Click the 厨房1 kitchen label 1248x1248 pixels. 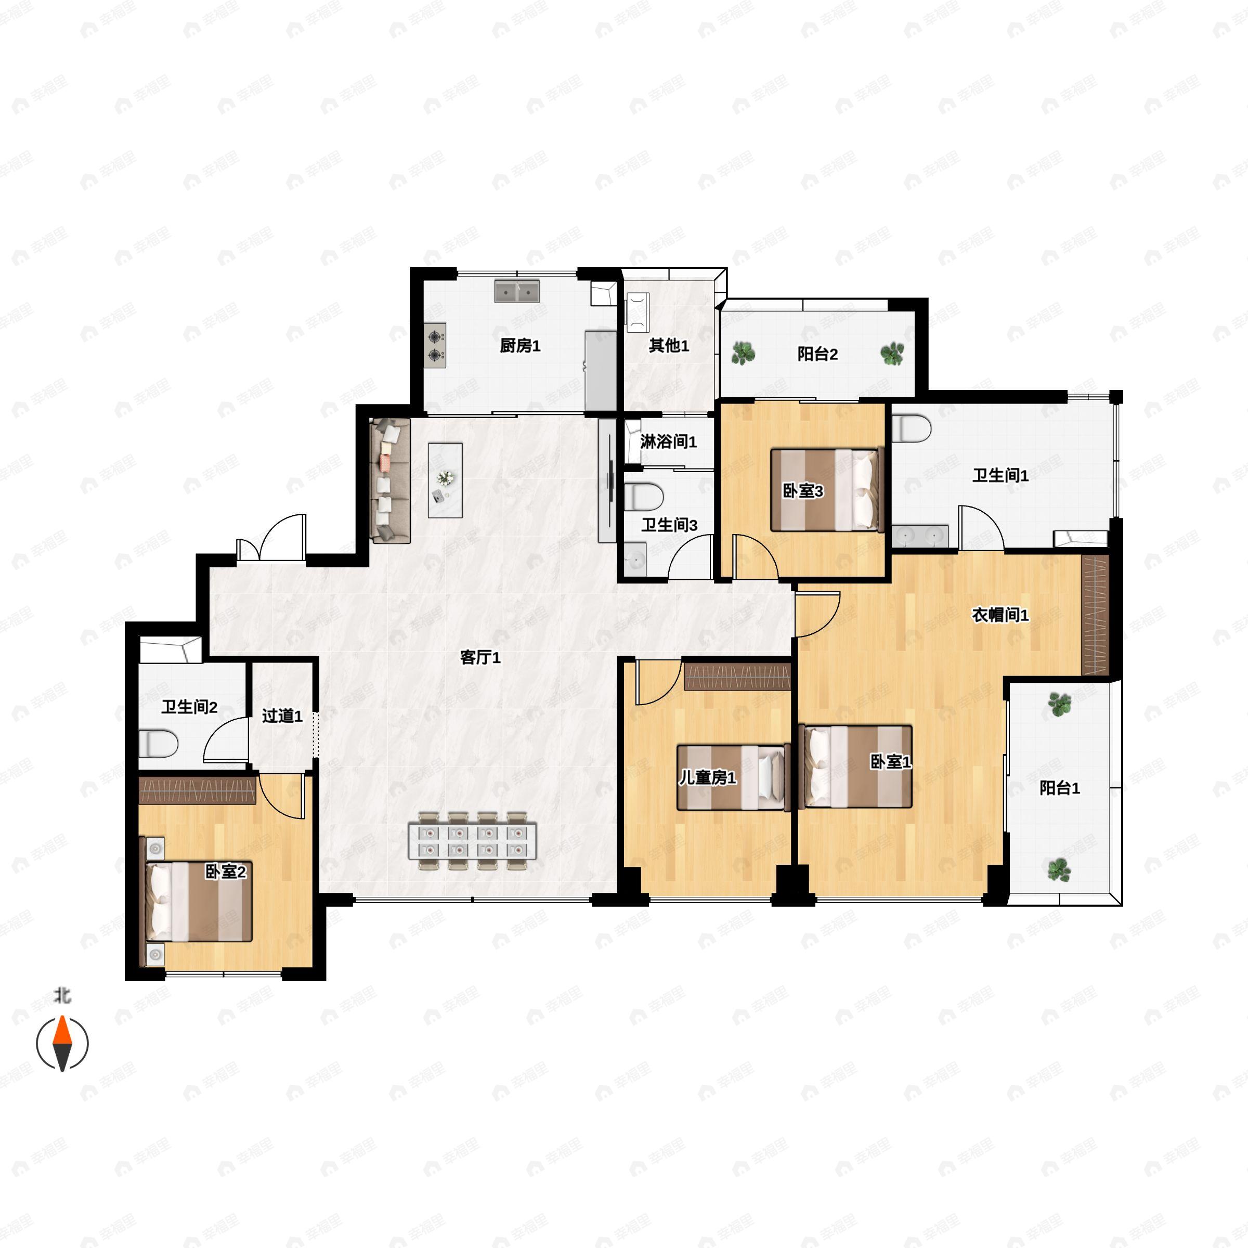pyautogui.click(x=520, y=346)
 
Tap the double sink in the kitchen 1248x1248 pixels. pyautogui.click(x=517, y=291)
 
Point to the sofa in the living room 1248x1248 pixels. pyautogui.click(x=390, y=480)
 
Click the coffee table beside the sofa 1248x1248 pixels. pyautogui.click(x=445, y=480)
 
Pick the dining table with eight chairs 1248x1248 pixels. pyautogui.click(x=472, y=841)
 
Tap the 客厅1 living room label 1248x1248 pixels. pyautogui.click(x=480, y=658)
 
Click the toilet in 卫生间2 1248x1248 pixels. pyautogui.click(x=158, y=744)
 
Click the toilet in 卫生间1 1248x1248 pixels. pyautogui.click(x=912, y=429)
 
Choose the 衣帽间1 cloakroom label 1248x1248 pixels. pyautogui.click(x=1000, y=615)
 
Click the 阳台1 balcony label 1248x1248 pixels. pyautogui.click(x=1059, y=788)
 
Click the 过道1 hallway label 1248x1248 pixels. pyautogui.click(x=282, y=716)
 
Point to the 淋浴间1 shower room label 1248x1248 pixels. pyautogui.click(x=669, y=442)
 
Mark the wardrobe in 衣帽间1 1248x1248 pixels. pyautogui.click(x=1096, y=615)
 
